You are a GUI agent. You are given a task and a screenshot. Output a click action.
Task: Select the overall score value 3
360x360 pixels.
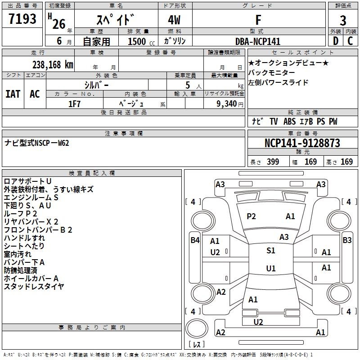pyautogui.click(x=343, y=20)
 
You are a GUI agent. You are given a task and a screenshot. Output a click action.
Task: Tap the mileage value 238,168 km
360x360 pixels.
pyautogui.click(x=53, y=64)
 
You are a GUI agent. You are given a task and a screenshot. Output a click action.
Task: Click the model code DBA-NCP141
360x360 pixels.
pyautogui.click(x=257, y=41)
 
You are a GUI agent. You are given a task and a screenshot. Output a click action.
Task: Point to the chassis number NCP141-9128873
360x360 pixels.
pyautogui.click(x=302, y=143)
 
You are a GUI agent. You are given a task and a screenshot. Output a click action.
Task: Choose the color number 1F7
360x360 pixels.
pyautogui.click(x=74, y=104)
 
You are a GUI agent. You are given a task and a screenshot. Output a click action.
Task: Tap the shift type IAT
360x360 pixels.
pyautogui.click(x=13, y=94)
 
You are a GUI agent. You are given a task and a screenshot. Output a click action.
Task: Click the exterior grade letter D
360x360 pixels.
pyautogui.click(x=335, y=41)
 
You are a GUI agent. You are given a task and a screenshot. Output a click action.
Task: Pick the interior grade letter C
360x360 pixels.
pyautogui.click(x=350, y=41)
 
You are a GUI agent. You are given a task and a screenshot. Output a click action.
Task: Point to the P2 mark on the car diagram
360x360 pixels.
pyautogui.click(x=251, y=216)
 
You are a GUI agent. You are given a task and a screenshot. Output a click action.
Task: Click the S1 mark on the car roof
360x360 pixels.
pyautogui.click(x=270, y=251)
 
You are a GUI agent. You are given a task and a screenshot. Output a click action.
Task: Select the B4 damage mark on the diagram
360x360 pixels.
pyautogui.click(x=194, y=240)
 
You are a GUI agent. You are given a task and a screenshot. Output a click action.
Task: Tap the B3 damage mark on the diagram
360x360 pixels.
pyautogui.click(x=347, y=240)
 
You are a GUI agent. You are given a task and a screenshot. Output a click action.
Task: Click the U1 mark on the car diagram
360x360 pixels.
pyautogui.click(x=270, y=269)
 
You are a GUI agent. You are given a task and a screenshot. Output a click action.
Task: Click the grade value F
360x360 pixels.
pyautogui.click(x=258, y=20)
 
